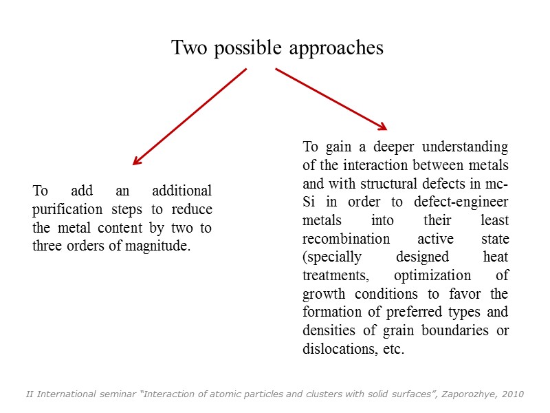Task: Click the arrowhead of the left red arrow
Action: tap(136, 162)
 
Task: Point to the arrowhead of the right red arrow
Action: tap(382, 126)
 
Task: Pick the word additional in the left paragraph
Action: tap(182, 191)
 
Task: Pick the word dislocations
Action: tap(337, 349)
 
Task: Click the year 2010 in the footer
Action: tap(512, 394)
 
